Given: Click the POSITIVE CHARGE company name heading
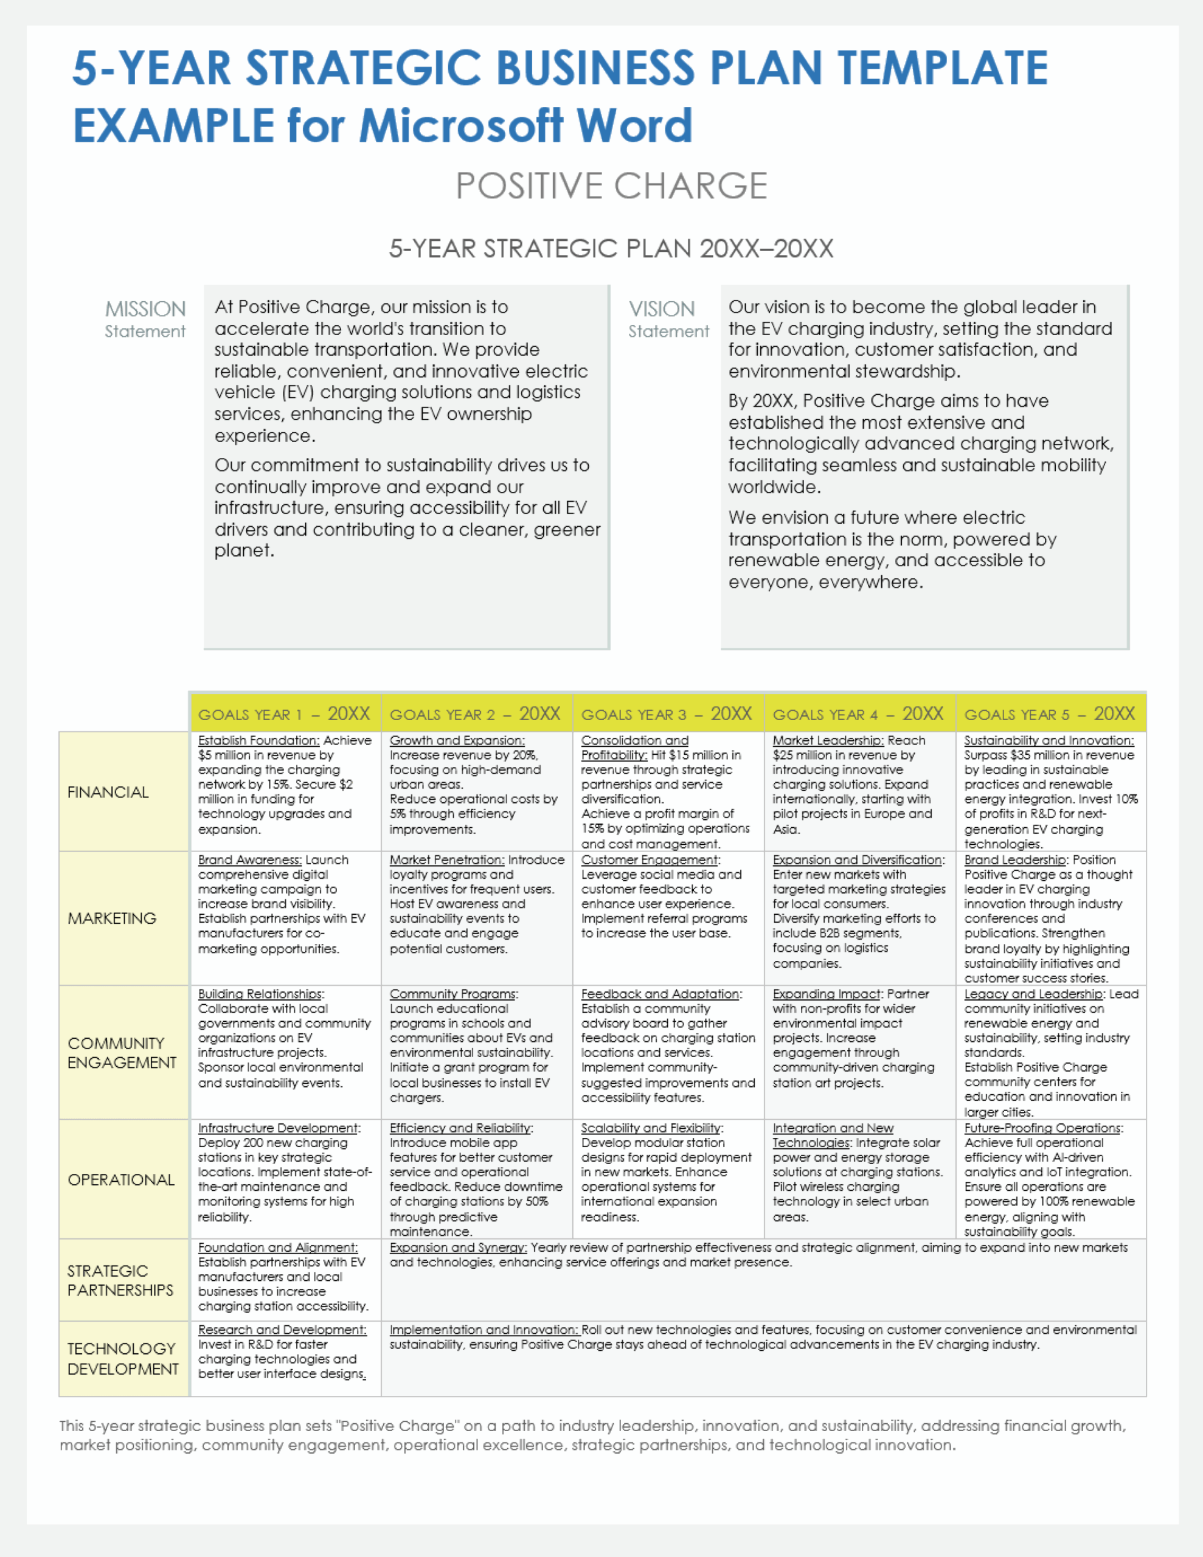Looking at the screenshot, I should [x=611, y=186].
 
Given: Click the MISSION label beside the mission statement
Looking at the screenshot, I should [x=145, y=310].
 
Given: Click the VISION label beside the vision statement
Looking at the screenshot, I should [x=661, y=310].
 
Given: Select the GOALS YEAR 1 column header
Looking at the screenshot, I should [x=285, y=713].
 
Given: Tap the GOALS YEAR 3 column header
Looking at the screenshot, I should [x=667, y=713].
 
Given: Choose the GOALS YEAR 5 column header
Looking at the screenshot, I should [x=1050, y=713].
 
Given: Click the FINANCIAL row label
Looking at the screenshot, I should [x=108, y=792].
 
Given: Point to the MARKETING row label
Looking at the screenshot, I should [x=112, y=918].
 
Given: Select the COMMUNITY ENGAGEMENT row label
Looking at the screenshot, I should [x=121, y=1053].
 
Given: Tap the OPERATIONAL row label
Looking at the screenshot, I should [x=121, y=1180].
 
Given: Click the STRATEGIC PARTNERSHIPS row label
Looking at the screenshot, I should [x=120, y=1280].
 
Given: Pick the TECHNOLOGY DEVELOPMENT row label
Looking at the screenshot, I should [x=123, y=1359].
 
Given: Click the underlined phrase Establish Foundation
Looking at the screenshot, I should [x=259, y=741].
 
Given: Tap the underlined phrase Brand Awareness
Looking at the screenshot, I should [x=249, y=860].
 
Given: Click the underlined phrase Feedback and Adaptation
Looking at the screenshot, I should [x=661, y=994].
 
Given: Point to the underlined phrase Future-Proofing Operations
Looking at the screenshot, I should [x=1043, y=1128].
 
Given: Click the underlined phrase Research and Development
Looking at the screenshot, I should [x=282, y=1330].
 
